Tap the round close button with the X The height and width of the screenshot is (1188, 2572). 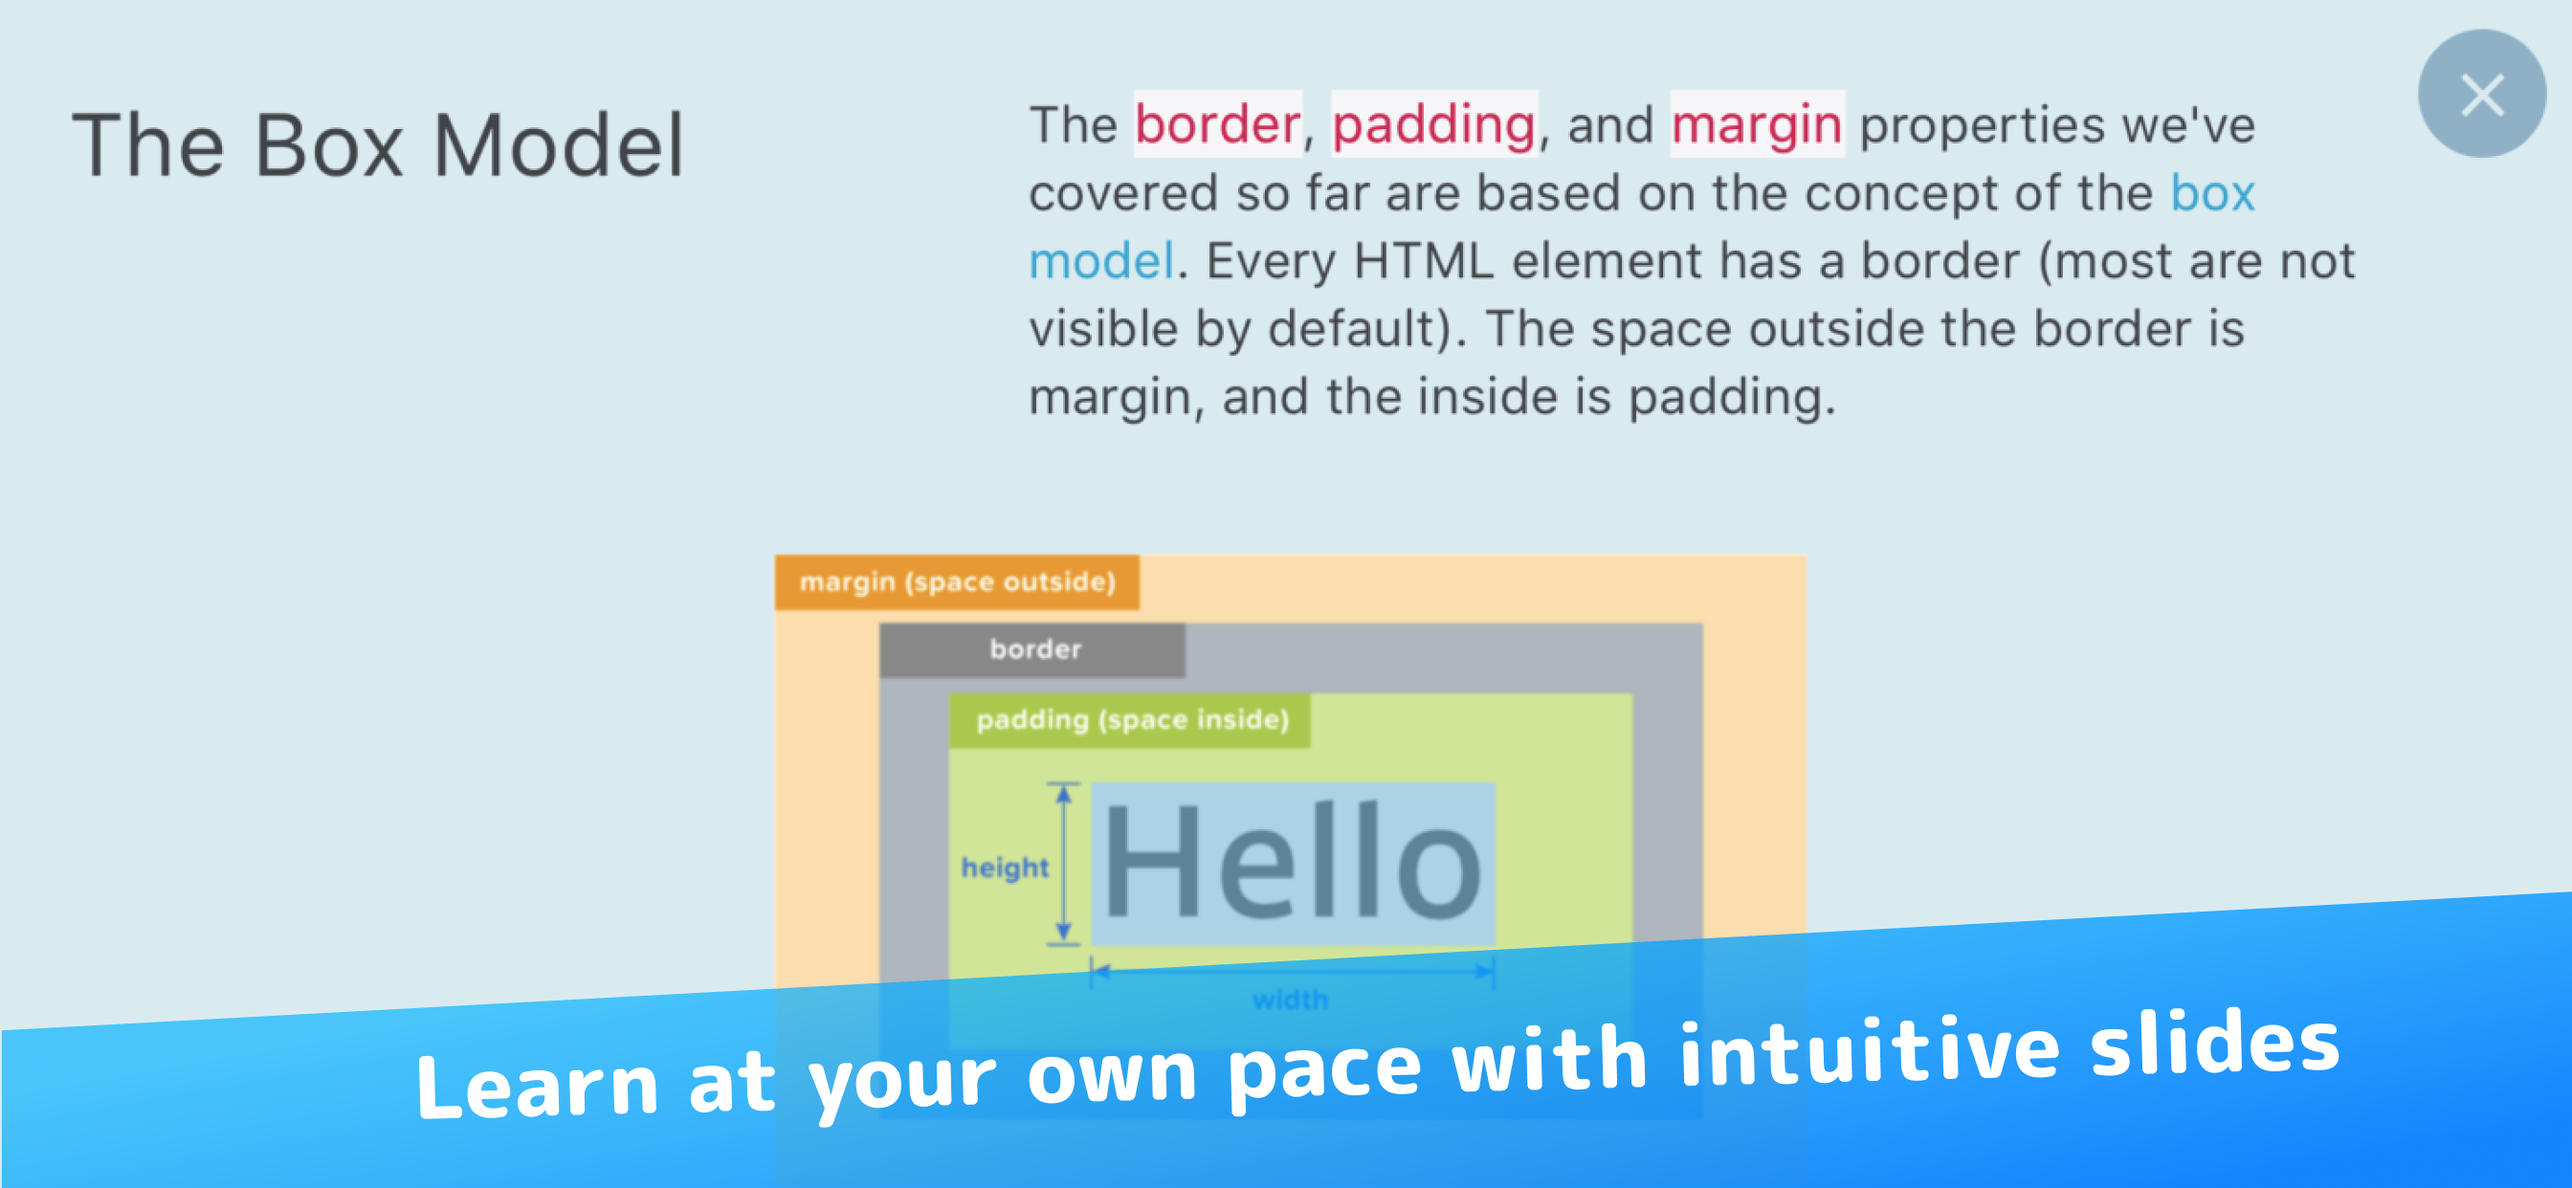coord(2481,94)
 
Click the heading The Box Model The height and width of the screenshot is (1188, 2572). coord(378,145)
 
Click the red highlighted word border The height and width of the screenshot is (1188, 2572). coord(1217,124)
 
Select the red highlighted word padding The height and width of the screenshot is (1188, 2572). coord(1433,124)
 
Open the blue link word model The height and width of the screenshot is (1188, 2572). coord(1101,261)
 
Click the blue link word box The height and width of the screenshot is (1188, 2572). coord(2212,192)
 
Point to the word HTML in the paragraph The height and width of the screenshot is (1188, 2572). coord(1423,261)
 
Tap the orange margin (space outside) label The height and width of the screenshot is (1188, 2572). coord(957,582)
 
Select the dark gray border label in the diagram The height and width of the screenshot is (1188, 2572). coord(1033,649)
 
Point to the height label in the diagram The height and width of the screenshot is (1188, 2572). coord(1005,867)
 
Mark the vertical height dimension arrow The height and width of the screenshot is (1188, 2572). coord(1063,863)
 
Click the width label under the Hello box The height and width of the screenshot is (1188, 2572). coord(1290,1000)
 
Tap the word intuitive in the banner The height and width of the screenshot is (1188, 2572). coord(1869,1051)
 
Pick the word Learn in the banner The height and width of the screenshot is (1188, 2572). coord(537,1085)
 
